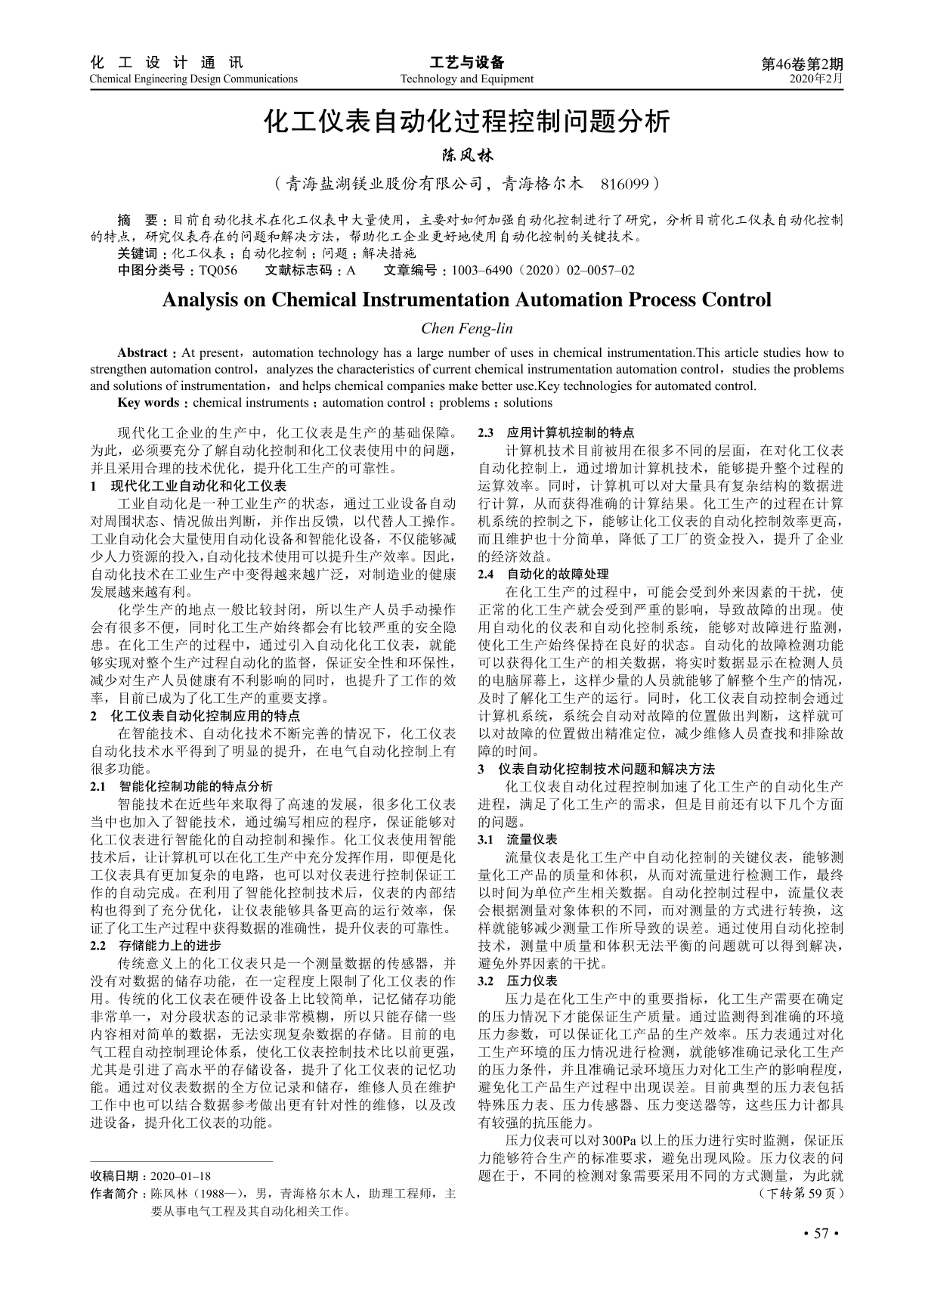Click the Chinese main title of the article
[x=466, y=122]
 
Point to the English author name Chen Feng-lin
[x=466, y=328]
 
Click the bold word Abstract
[x=141, y=353]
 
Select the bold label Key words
[x=147, y=403]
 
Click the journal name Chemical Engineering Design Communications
[x=193, y=79]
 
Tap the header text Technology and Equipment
[x=466, y=79]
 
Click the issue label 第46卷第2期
[x=802, y=64]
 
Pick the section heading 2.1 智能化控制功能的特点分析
[x=181, y=786]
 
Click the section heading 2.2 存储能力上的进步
[x=156, y=946]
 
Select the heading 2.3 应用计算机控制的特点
[x=557, y=433]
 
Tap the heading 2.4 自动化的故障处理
[x=543, y=574]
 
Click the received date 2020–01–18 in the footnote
[x=181, y=1176]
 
